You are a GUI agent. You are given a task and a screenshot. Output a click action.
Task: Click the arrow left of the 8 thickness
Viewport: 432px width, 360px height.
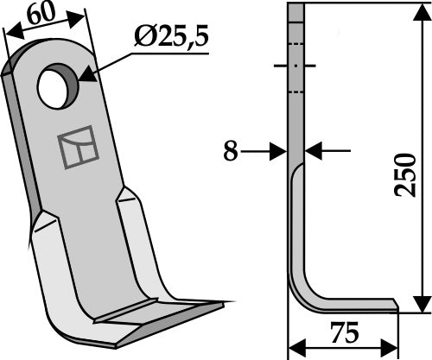278,151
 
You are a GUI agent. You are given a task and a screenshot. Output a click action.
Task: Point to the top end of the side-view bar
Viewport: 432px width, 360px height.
296,7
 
